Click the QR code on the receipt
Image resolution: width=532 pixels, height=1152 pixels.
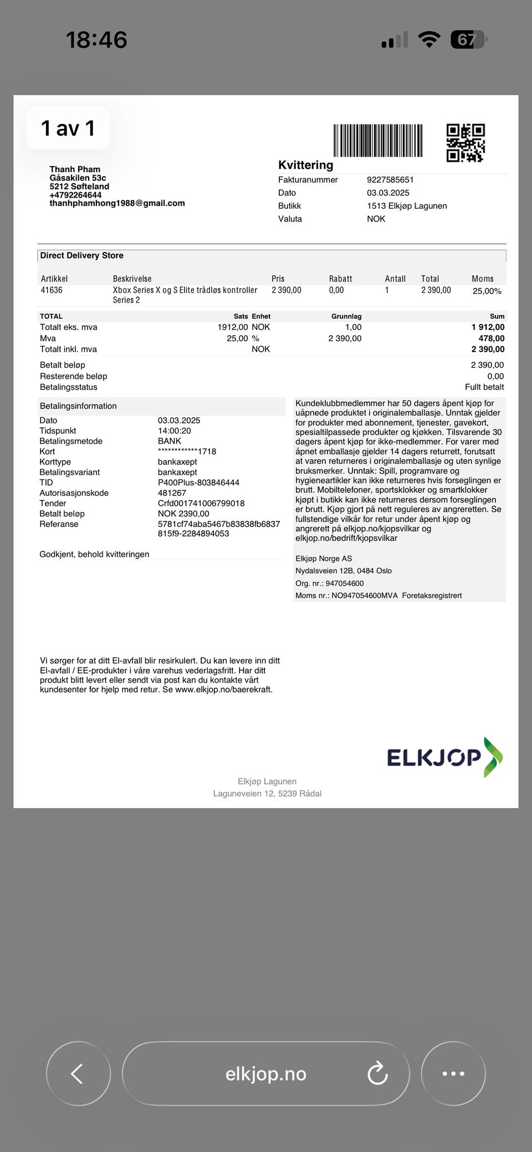pos(465,143)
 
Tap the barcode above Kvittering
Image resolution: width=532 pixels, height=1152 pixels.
pos(378,141)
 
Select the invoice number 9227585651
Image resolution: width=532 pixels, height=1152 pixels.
pos(390,180)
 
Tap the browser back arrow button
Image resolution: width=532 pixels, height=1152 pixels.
pos(78,1073)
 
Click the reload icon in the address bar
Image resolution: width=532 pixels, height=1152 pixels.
pos(377,1073)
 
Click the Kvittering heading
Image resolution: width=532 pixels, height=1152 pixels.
pos(306,165)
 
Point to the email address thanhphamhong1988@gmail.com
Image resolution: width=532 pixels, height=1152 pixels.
pos(117,203)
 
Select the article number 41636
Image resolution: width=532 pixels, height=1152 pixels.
pos(52,290)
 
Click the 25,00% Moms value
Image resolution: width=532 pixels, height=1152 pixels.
pos(487,291)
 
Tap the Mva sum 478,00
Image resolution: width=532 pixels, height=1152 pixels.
pos(492,338)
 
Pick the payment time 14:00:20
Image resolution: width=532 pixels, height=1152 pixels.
pos(175,431)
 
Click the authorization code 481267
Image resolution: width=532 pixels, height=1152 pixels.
pos(172,493)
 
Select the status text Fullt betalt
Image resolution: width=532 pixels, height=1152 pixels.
pos(484,387)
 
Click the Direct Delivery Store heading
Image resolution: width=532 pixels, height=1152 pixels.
pos(82,256)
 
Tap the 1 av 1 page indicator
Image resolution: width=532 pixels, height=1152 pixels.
pos(68,128)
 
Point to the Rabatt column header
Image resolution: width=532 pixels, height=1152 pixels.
pos(340,279)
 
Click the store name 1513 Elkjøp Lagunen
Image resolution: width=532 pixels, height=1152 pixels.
pos(407,206)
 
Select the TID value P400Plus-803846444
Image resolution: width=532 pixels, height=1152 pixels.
pos(198,483)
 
